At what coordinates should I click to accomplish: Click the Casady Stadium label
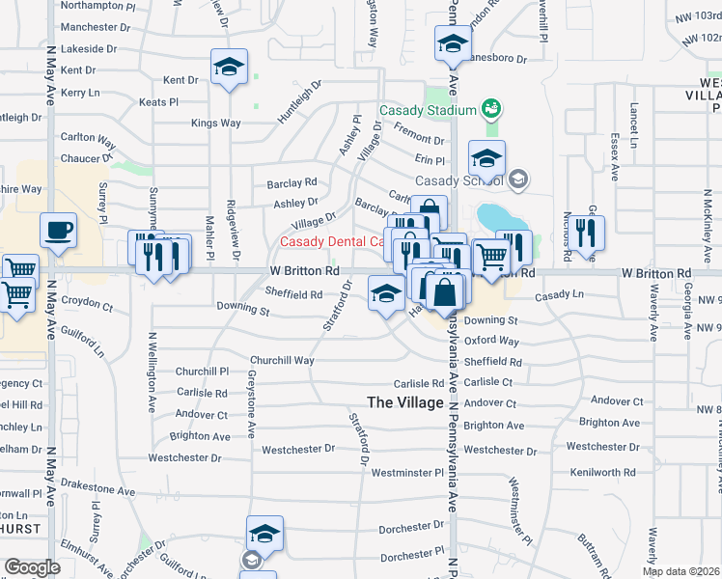pos(428,110)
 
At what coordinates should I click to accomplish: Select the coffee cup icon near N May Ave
pos(58,232)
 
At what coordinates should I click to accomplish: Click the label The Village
pos(405,401)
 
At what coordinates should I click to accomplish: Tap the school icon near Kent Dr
pos(230,67)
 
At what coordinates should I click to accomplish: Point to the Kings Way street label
pos(215,123)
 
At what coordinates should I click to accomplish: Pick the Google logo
pos(32,566)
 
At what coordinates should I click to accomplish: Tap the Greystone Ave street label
pos(251,398)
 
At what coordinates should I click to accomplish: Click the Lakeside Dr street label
pos(88,47)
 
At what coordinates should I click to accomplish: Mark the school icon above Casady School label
pos(486,158)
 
